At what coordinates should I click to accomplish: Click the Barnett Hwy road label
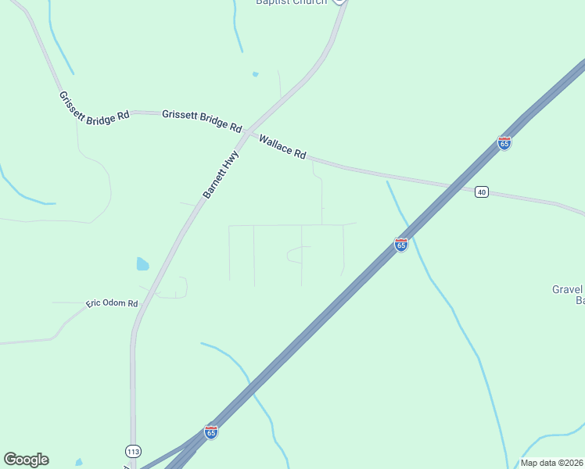click(220, 174)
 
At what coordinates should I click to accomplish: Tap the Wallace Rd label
click(282, 147)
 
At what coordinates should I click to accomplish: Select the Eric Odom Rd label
click(112, 303)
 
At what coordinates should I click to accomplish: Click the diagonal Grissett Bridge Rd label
click(94, 107)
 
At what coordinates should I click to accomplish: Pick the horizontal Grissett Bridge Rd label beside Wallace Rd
click(202, 120)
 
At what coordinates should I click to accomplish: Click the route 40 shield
click(482, 192)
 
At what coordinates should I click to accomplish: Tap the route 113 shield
click(133, 451)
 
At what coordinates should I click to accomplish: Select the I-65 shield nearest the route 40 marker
click(504, 144)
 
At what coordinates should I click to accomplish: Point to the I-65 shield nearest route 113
click(210, 431)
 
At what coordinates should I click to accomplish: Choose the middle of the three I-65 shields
click(401, 245)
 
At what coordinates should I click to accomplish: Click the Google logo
click(26, 460)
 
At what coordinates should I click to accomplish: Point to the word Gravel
click(568, 289)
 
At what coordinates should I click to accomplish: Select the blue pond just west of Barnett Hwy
click(142, 264)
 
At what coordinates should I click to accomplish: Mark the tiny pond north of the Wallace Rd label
click(255, 74)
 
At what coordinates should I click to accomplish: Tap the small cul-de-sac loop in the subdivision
click(296, 253)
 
